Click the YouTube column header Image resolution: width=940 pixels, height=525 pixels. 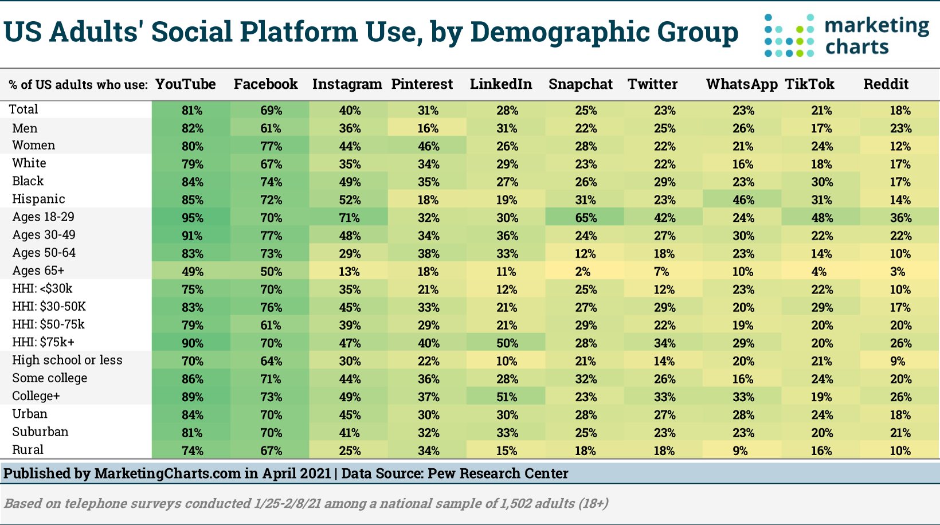186,84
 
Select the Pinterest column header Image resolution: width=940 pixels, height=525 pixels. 422,84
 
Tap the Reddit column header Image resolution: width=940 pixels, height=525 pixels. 886,84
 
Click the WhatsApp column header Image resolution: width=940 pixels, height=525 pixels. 742,84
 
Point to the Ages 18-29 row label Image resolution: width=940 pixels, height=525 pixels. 44,217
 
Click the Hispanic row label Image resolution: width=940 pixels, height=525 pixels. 38,199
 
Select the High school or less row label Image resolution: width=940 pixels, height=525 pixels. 67,361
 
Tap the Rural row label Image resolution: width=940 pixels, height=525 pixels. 28,450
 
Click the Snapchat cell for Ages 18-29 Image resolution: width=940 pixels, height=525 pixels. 586,218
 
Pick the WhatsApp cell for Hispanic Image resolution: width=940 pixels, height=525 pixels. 743,200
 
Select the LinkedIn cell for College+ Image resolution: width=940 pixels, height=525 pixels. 507,397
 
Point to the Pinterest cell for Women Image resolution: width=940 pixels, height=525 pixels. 428,146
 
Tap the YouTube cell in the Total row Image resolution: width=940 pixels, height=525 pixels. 192,110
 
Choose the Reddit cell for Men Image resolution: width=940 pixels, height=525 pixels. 900,128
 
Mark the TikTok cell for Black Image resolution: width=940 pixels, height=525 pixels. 821,182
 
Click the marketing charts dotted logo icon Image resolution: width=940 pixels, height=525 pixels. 789,36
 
